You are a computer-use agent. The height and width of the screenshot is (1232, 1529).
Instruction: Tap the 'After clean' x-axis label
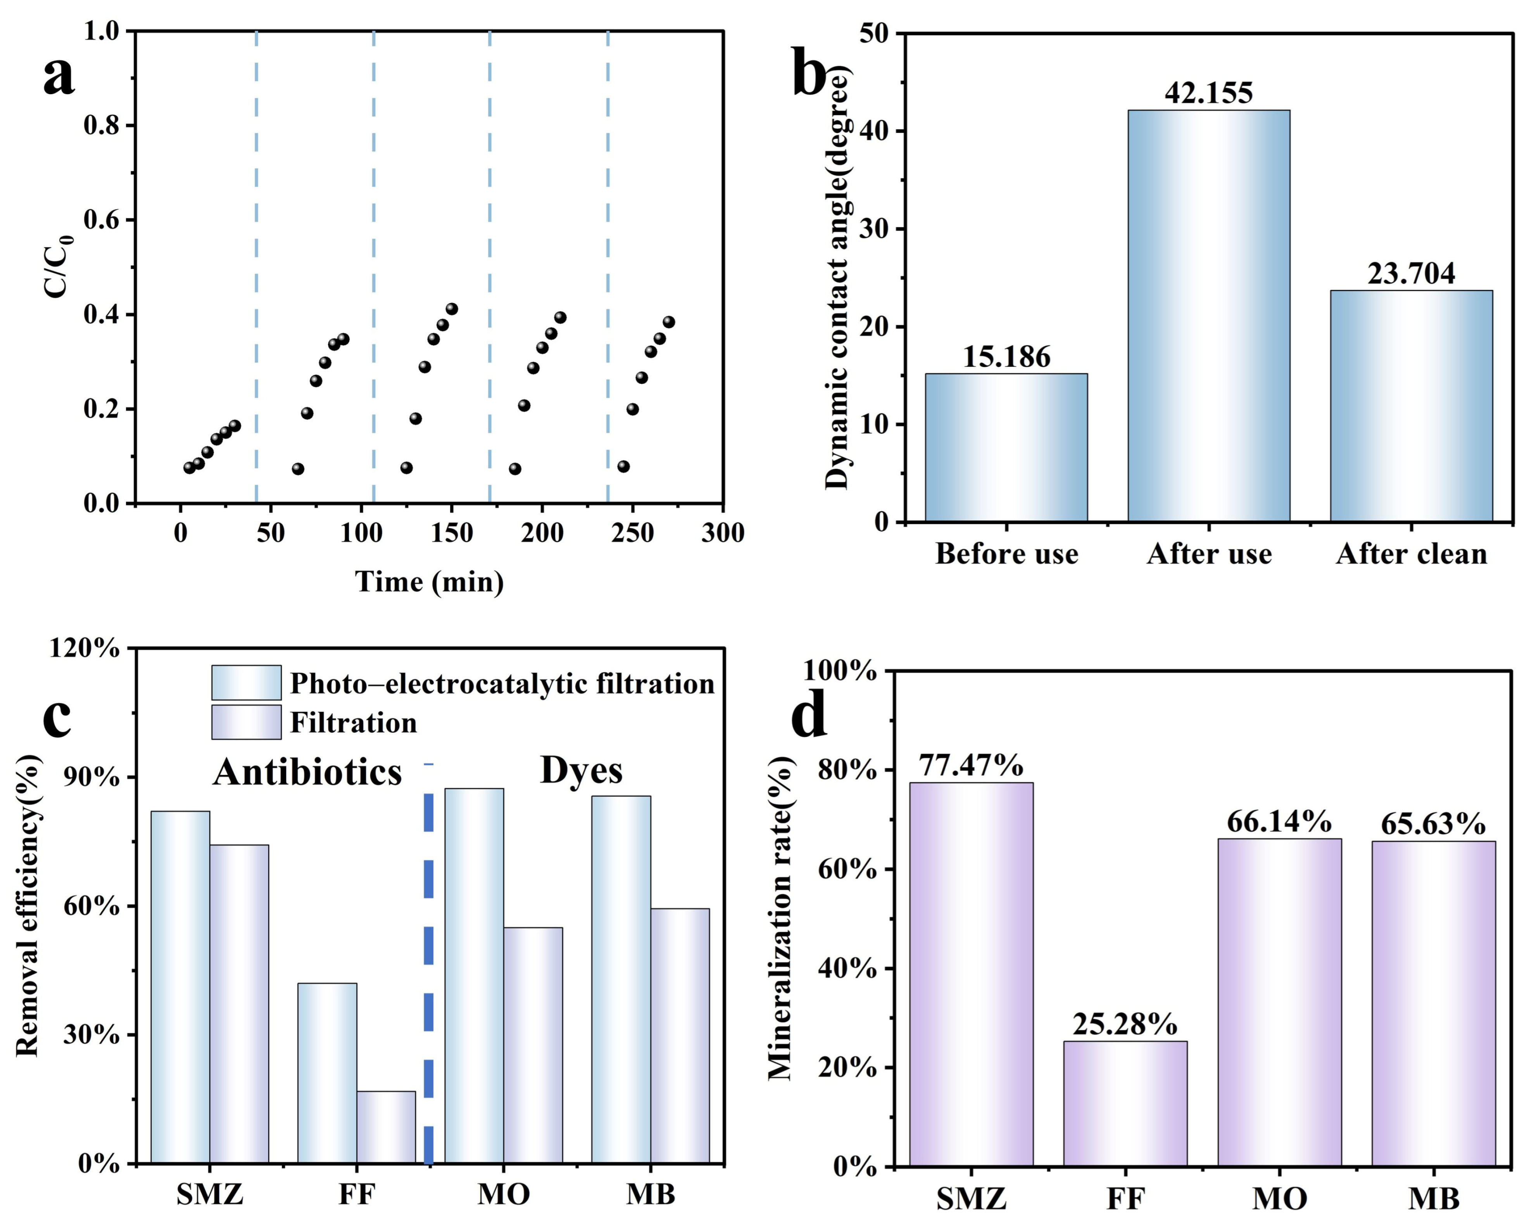(1411, 554)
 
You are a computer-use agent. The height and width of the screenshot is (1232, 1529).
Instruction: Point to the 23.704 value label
(1411, 273)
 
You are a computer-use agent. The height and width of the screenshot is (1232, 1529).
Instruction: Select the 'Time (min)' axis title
(429, 582)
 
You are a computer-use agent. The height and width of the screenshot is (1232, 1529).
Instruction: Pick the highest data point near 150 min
(452, 309)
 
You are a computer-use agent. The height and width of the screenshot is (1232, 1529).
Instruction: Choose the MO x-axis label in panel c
(503, 1194)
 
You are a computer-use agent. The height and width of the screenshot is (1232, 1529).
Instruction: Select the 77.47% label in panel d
(971, 765)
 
